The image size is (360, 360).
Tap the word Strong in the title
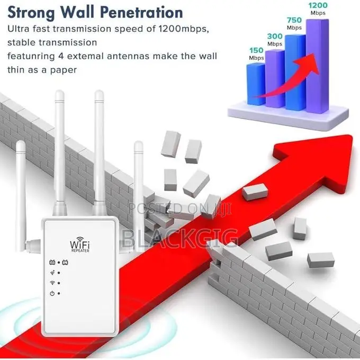(x=31, y=13)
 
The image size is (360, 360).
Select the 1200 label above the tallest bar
(x=318, y=5)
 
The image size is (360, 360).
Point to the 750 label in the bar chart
(x=294, y=20)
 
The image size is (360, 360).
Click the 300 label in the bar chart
(x=275, y=37)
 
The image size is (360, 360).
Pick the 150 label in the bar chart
(x=256, y=50)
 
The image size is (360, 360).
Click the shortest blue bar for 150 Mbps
(x=256, y=84)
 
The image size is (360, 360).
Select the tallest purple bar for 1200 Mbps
(x=317, y=66)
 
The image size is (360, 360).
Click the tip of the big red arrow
(x=352, y=136)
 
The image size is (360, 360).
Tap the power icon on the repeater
(x=52, y=293)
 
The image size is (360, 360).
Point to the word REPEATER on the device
(x=80, y=251)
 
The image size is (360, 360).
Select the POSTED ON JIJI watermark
(x=180, y=209)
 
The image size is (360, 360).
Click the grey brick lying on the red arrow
(x=255, y=192)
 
